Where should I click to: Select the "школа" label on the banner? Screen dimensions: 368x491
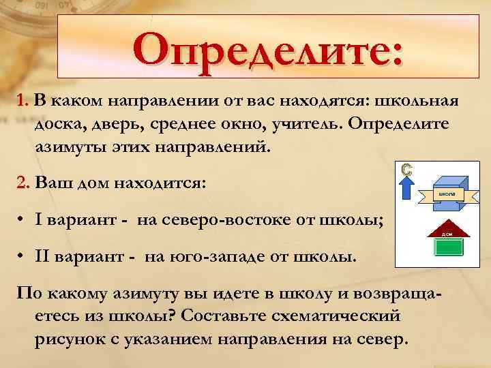(447, 194)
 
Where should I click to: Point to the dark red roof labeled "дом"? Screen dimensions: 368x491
(448, 232)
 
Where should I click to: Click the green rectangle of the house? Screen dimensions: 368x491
(448, 247)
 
